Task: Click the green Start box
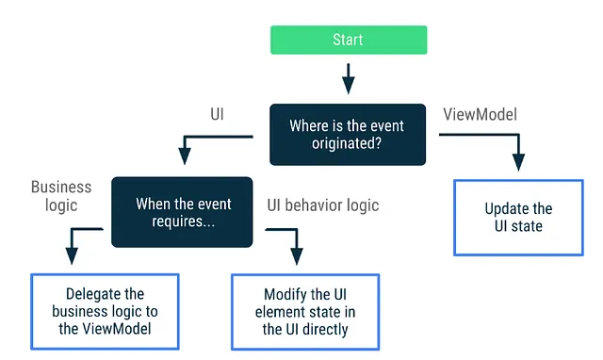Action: tap(349, 40)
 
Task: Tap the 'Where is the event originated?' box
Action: tap(348, 134)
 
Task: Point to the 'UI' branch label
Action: tap(217, 113)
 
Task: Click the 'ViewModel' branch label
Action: tap(480, 114)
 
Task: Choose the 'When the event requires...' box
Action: tap(183, 212)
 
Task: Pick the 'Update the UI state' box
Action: tap(518, 218)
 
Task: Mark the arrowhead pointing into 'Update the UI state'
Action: tap(518, 166)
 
